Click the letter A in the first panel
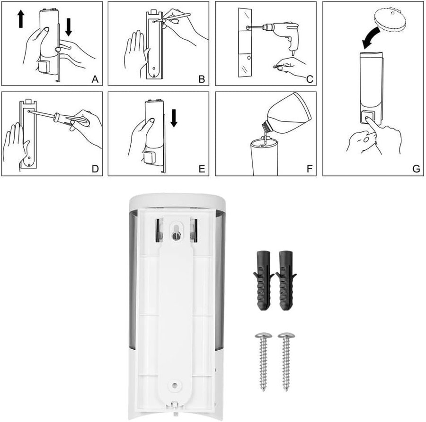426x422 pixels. [95, 79]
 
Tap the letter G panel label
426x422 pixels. [416, 169]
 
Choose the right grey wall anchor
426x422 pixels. [286, 280]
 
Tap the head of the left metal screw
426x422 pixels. [264, 336]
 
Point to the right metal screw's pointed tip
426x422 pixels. [286, 390]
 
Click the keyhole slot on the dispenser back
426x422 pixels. [176, 232]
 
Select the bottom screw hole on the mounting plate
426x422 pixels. [174, 385]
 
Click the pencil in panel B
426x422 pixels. [175, 17]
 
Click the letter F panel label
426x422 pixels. [309, 169]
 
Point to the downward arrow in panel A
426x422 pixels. [69, 27]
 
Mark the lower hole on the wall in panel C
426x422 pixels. [248, 58]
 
